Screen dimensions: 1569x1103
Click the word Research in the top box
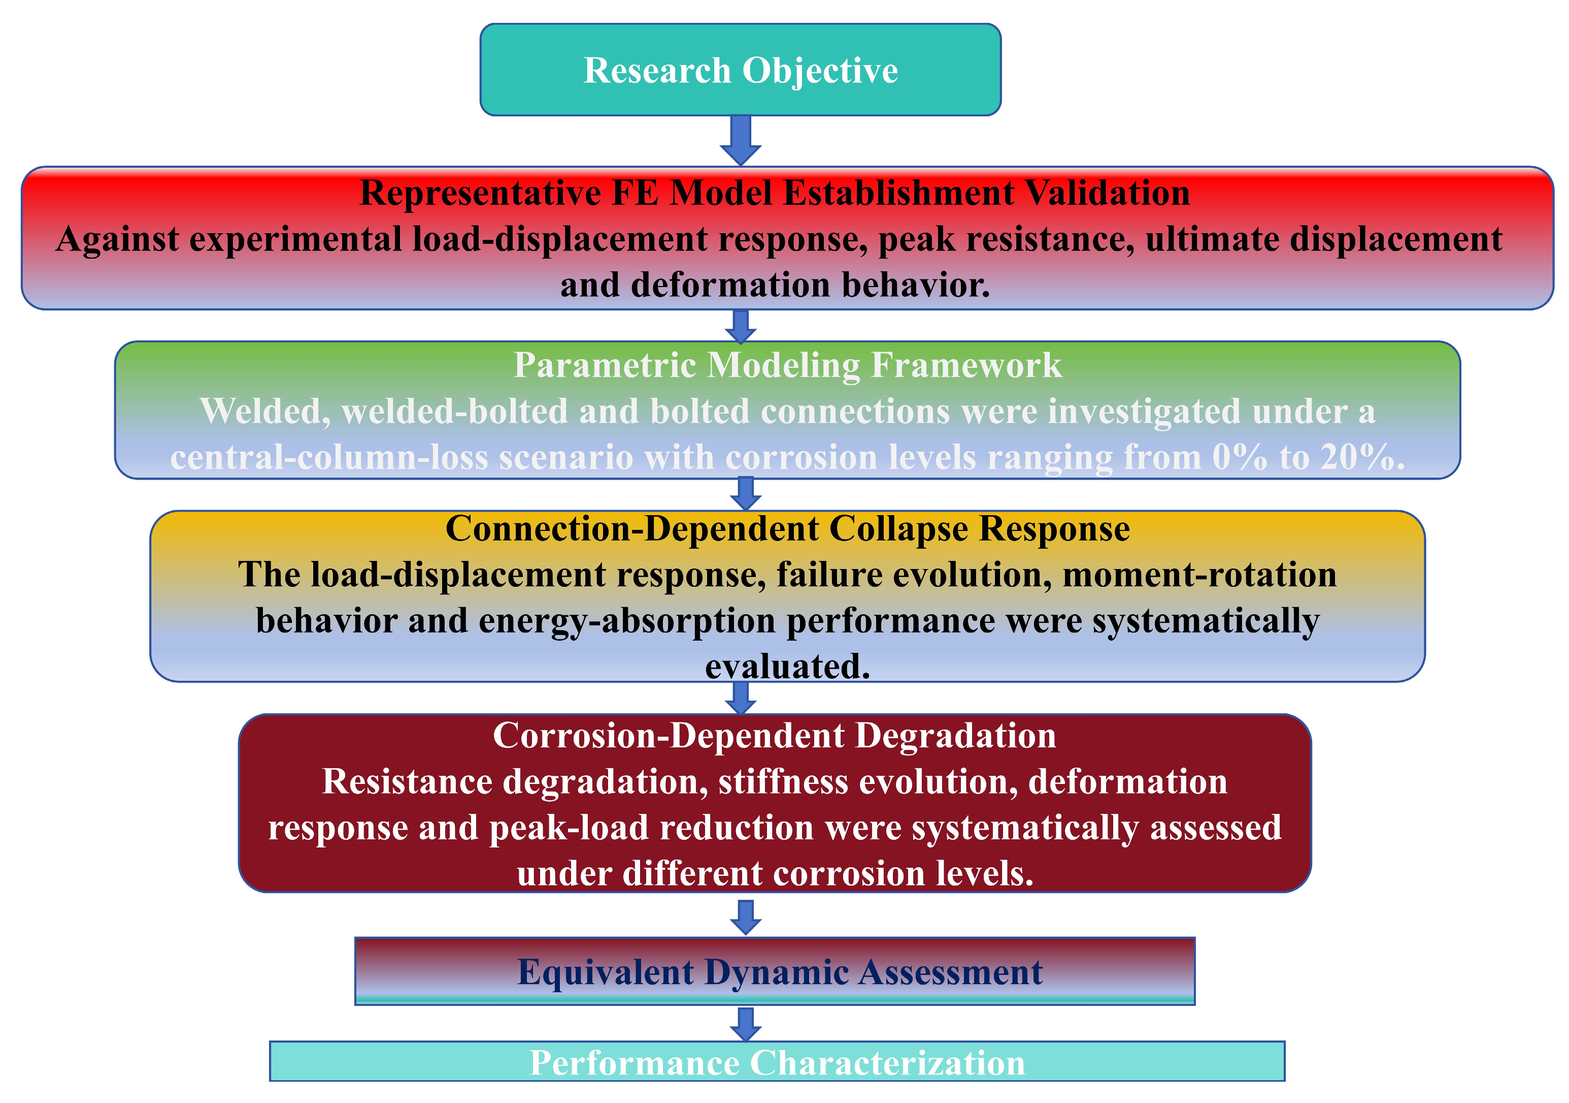657,71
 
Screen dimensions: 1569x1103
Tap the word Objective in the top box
820,72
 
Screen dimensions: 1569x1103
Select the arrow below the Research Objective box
741,140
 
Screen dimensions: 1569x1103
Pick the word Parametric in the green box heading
605,365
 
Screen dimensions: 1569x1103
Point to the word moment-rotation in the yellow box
1199,575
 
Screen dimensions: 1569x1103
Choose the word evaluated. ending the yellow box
788,667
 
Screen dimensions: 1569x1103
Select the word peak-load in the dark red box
569,829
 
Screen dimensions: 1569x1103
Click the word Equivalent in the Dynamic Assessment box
606,972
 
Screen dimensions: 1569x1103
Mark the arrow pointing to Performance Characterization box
746,1024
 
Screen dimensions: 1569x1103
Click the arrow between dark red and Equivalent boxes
746,918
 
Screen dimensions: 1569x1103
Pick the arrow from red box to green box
741,326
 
